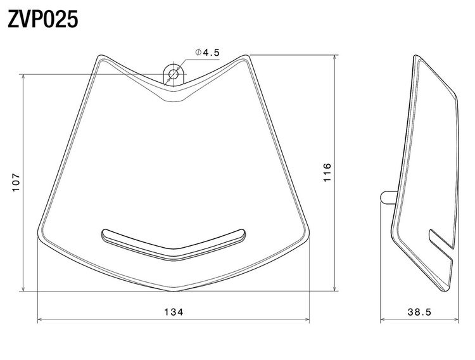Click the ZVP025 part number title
point(42,20)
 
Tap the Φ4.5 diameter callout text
point(207,53)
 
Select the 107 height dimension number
point(16,183)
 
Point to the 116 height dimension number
point(327,172)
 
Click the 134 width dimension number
point(174,312)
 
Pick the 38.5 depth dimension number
point(419,312)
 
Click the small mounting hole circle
point(174,74)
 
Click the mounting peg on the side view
point(389,197)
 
